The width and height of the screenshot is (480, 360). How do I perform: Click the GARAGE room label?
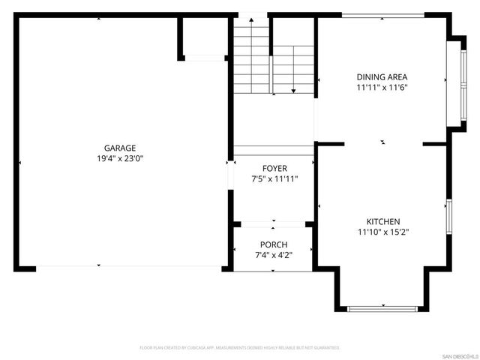119,148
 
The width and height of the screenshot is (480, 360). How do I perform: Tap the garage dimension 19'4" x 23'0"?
119,158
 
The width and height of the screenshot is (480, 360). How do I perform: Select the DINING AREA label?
382,76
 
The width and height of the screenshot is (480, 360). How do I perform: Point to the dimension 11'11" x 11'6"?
382,87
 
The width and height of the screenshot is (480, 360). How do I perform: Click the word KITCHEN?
382,221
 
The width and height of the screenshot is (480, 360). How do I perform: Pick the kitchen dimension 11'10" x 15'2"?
382,232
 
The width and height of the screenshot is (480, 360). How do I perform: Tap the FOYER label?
274,168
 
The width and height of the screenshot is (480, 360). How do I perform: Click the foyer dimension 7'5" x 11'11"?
274,179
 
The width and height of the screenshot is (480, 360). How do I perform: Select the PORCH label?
274,245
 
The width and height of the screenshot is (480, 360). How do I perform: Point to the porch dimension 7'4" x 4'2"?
274,256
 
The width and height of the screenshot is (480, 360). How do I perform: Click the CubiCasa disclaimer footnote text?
240,348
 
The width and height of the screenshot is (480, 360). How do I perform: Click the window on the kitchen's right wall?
448,217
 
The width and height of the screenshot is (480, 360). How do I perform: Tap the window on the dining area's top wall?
382,15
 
